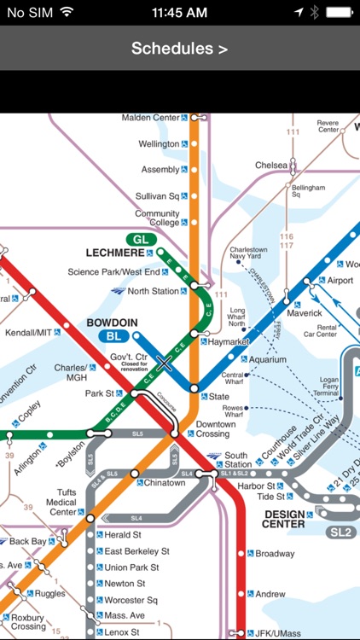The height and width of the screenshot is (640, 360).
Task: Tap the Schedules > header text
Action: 179,49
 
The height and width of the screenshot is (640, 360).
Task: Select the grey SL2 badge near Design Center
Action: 340,532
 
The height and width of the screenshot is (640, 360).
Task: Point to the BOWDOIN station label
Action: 112,323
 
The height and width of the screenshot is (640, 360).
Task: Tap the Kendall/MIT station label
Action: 28,332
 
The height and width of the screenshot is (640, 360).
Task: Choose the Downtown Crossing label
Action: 215,429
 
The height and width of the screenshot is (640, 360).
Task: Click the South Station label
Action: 235,460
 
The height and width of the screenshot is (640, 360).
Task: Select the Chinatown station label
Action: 165,483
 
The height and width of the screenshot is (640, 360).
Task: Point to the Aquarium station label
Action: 268,359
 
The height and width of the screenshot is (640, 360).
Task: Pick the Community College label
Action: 157,219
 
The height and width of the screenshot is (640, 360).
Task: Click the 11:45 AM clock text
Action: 179,12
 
